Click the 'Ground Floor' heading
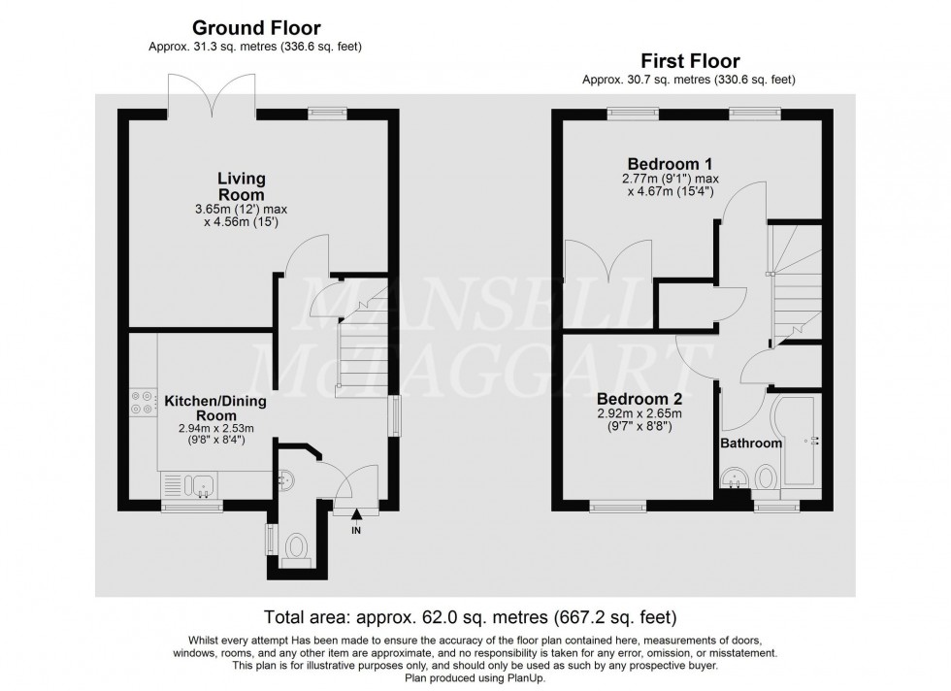[256, 28]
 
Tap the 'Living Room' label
[242, 186]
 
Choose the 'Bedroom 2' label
[639, 399]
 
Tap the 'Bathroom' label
[750, 444]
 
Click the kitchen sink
[203, 483]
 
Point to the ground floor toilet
[294, 550]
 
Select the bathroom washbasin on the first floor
[735, 479]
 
